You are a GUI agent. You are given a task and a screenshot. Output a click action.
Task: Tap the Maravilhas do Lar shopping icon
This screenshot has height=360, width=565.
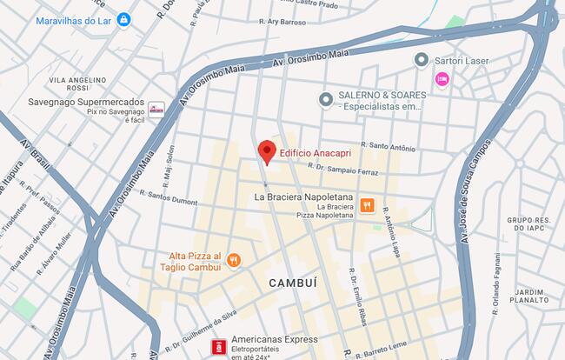coord(124,19)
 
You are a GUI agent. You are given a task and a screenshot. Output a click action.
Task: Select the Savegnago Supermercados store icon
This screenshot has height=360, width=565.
coord(156,109)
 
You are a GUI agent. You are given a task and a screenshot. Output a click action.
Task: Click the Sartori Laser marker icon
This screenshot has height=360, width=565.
coord(422,60)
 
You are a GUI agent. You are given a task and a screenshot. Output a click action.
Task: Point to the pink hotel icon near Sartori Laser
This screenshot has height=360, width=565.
coord(442,80)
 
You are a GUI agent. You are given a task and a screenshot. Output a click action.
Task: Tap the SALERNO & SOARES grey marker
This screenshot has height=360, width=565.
coord(326,99)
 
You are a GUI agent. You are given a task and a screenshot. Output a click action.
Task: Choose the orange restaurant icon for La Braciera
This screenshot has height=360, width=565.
coord(368,206)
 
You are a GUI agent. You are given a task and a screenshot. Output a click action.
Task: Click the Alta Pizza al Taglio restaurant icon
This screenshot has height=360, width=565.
coord(233,260)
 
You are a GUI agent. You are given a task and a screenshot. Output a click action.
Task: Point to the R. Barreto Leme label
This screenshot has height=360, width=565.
coord(374,352)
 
